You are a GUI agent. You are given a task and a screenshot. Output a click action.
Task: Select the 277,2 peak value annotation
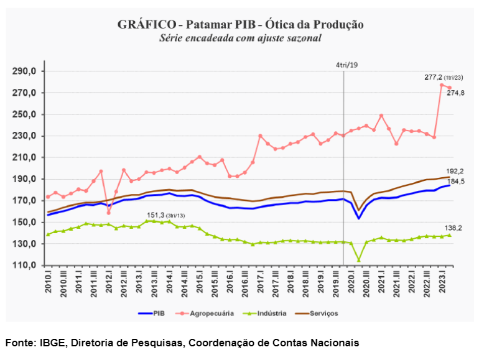(435, 77)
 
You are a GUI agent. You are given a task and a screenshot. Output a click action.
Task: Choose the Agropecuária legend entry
(208, 313)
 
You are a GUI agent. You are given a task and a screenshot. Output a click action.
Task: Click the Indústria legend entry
(267, 313)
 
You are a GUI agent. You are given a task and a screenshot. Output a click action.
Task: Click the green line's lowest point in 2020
(359, 260)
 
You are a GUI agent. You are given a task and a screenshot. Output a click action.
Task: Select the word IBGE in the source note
(54, 343)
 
